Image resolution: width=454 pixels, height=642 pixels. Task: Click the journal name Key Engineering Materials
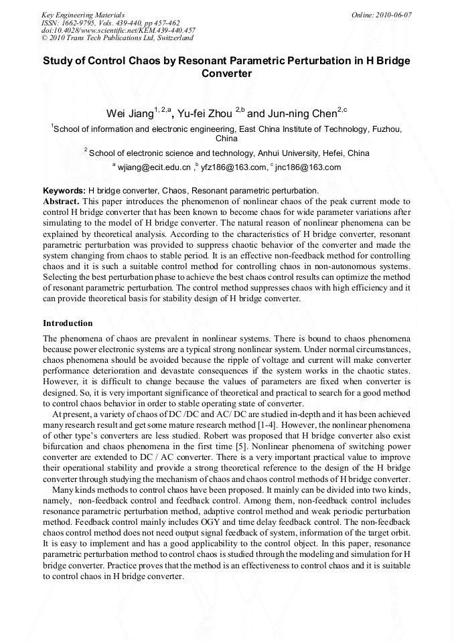click(x=83, y=15)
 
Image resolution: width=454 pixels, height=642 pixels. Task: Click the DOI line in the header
click(x=118, y=30)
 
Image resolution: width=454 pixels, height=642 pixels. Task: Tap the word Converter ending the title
click(x=226, y=74)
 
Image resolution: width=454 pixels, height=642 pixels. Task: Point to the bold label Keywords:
click(x=64, y=191)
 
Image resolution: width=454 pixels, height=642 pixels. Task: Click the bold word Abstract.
click(x=62, y=201)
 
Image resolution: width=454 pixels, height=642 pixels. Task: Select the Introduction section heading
click(x=68, y=323)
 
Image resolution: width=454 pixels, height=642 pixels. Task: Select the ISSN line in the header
click(x=110, y=23)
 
